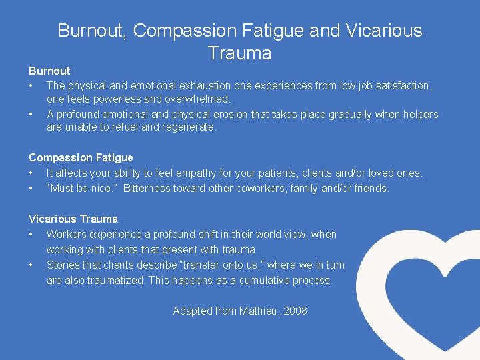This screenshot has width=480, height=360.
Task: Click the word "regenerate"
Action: coord(189,127)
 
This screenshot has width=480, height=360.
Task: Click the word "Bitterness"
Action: coord(146,188)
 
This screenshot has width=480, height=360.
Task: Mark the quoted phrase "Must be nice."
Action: coord(82,188)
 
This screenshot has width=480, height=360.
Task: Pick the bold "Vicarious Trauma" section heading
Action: coord(73,219)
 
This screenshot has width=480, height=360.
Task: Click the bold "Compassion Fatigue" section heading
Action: coord(81,157)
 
